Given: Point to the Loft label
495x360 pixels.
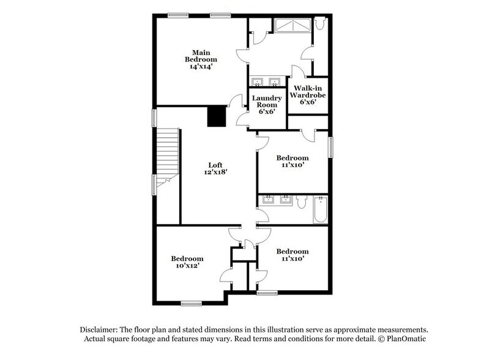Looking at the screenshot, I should click(215, 165).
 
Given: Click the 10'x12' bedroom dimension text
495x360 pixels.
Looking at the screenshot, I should click(187, 266).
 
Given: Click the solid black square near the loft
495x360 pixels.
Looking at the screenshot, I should click(216, 116).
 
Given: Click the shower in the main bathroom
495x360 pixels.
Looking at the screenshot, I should click(292, 26).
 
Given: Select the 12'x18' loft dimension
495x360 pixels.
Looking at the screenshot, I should click(215, 173).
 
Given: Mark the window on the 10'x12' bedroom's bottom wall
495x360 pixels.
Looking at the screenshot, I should click(191, 302).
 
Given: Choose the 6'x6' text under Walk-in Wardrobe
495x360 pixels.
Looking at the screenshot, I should click(307, 102).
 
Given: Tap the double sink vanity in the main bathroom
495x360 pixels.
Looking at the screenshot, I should click(266, 81).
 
